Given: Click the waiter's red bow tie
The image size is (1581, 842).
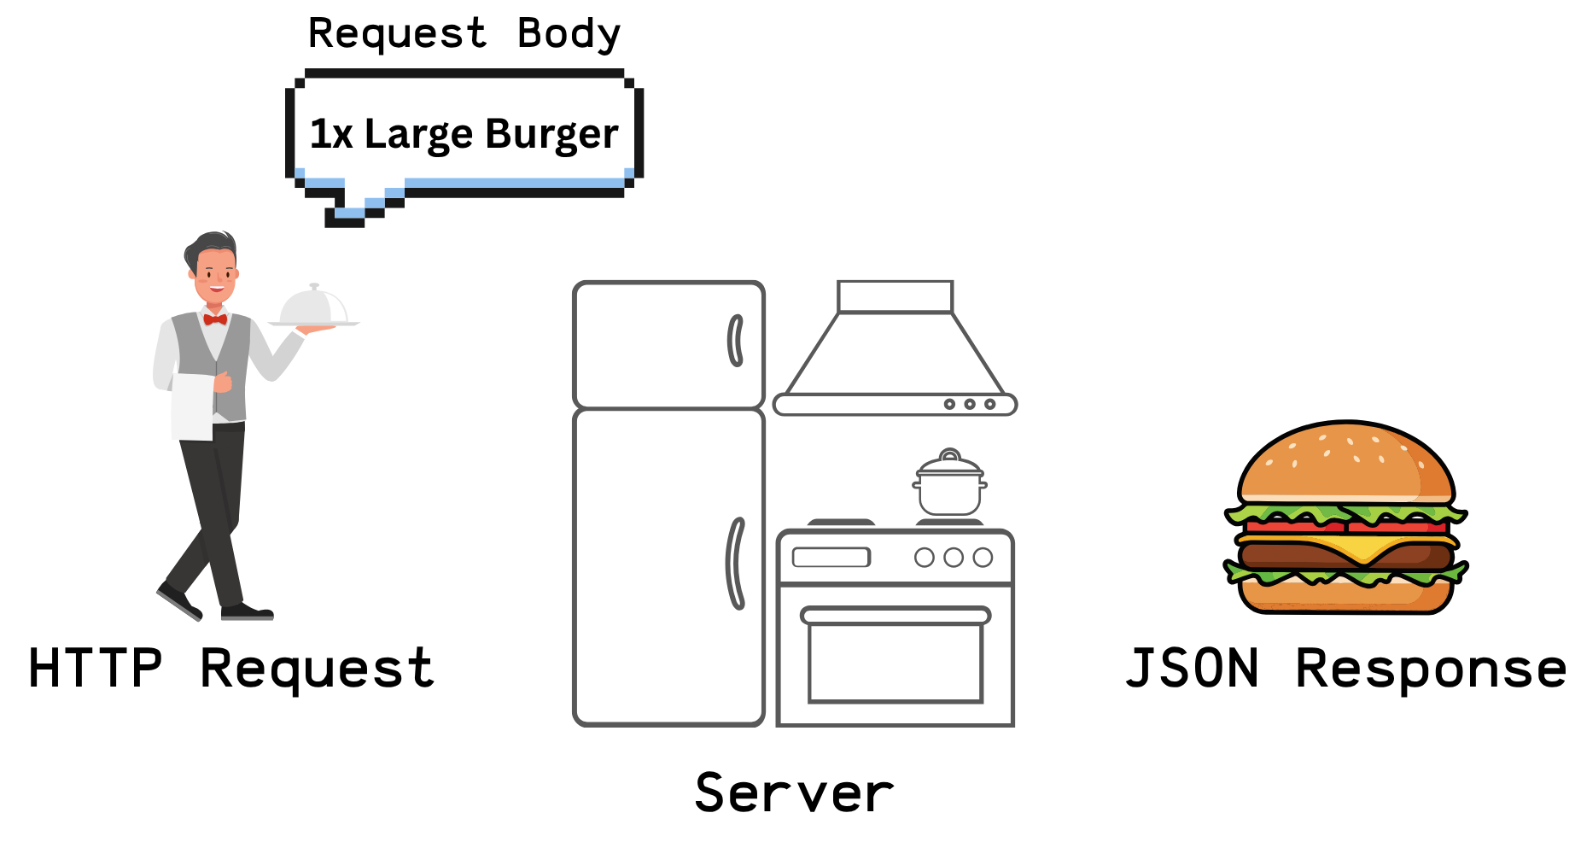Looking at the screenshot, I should (215, 319).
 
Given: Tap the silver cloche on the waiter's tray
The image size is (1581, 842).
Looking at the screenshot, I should (313, 307).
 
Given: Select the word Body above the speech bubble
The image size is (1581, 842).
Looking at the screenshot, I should (569, 34).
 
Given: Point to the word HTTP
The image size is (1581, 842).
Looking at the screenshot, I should (95, 668).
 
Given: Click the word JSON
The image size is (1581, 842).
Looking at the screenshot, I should (1192, 668).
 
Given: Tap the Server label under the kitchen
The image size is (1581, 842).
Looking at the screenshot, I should (794, 792).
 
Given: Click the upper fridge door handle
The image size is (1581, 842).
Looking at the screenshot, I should (735, 341).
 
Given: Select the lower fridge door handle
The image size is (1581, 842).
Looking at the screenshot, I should (735, 564).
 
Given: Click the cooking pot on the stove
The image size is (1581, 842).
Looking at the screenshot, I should (949, 487).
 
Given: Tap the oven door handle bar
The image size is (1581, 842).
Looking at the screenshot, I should (895, 615).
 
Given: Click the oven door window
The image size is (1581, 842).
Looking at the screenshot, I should (895, 662).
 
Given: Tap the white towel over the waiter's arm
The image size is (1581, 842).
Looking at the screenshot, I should (193, 406).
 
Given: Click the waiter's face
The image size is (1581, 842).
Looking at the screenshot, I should (214, 272).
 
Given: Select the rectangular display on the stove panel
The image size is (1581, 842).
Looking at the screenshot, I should (831, 558).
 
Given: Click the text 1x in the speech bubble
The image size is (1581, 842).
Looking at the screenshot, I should (330, 135).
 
